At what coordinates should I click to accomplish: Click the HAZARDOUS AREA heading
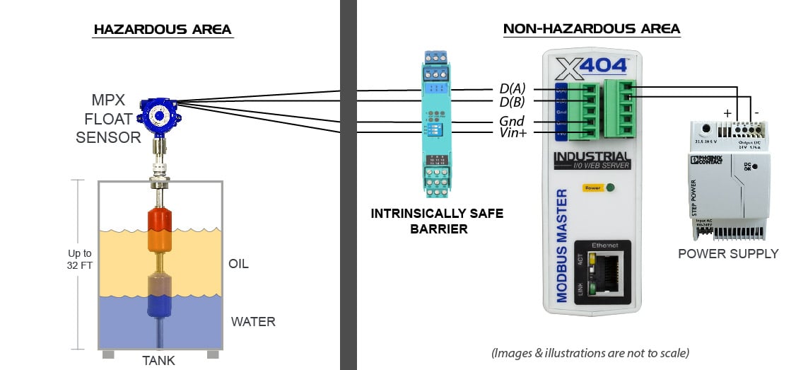163,30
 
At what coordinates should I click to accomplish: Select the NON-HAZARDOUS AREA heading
591,29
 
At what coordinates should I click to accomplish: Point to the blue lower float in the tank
159,306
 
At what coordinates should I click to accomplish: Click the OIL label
238,265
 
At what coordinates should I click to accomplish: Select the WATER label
252,322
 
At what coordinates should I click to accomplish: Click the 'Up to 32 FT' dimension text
79,259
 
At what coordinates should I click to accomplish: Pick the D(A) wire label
511,90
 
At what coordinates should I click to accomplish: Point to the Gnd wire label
511,121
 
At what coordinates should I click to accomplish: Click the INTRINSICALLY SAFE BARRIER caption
437,221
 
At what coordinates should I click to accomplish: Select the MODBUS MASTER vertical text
563,245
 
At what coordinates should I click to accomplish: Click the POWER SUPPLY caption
727,253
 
